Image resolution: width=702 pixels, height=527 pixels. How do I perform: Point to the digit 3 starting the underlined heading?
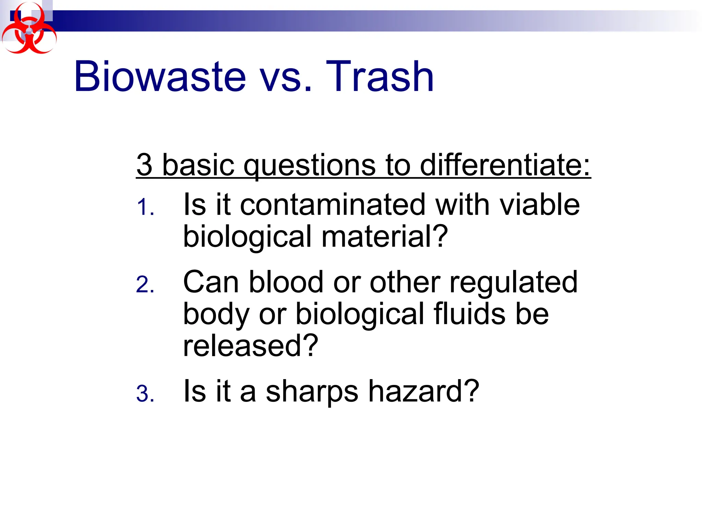tap(144, 165)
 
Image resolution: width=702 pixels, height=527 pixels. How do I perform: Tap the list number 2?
tap(145, 285)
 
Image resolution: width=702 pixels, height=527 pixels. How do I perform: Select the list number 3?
tap(145, 394)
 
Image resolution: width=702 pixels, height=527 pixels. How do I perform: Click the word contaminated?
tap(332, 205)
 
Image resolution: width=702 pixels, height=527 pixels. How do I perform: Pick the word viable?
tap(540, 205)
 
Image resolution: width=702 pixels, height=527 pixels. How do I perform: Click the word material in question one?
tap(384, 237)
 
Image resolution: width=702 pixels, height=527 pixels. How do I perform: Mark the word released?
tap(250, 346)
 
